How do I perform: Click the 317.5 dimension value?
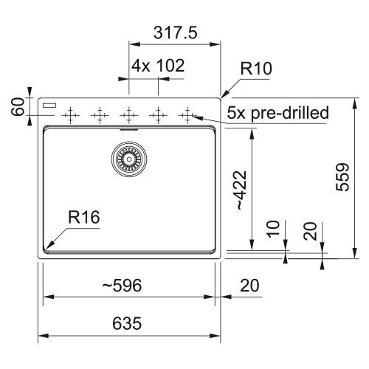176,32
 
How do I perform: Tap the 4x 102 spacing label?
158,66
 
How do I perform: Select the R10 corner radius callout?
256,69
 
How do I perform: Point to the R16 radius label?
84,217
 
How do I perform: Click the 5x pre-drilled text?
277,113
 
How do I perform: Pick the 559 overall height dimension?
342,177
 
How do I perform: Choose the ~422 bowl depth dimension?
240,190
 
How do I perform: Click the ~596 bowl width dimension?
122,286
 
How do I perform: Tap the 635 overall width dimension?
127,323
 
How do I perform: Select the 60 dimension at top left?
18,106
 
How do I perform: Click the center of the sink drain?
129,159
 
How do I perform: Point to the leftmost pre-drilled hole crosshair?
70,115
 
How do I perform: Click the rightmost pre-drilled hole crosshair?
187,115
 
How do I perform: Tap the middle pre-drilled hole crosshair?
129,115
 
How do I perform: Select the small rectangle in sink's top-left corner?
49,106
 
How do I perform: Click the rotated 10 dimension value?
273,229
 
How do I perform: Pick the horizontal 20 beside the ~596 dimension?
249,286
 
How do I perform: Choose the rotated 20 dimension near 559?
310,231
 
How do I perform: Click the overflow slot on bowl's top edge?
129,128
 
